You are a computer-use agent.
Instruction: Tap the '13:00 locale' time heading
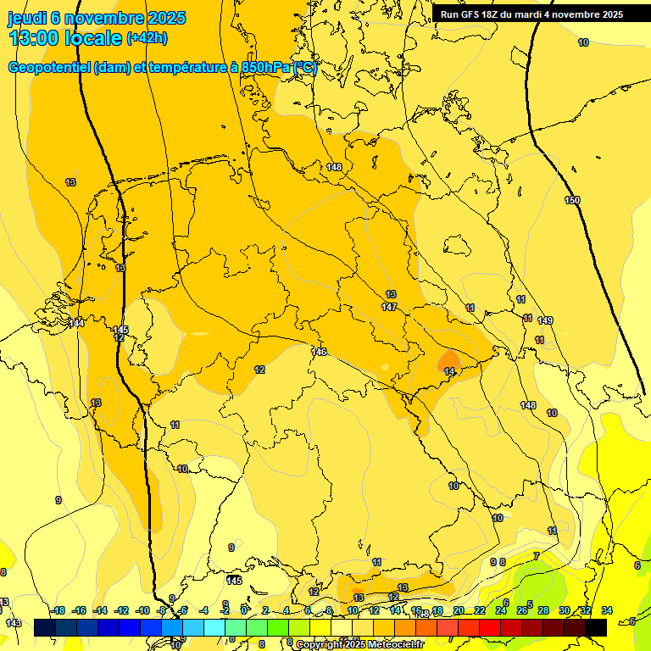tap(65, 37)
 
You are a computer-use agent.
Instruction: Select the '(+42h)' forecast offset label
tap(147, 38)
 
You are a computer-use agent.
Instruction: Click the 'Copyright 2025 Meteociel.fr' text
tap(359, 644)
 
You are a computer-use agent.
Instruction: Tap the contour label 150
tap(573, 200)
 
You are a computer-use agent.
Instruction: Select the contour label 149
tap(545, 320)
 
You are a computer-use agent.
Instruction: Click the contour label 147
tap(389, 307)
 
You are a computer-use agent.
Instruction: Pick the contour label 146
tap(319, 352)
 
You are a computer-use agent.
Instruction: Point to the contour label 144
tap(76, 323)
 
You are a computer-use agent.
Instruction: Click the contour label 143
tap(13, 623)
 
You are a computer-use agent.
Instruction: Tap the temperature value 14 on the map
tap(449, 371)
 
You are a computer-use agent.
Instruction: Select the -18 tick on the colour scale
tap(58, 610)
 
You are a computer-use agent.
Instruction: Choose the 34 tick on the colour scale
tap(607, 610)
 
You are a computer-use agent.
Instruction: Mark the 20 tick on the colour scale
tap(459, 610)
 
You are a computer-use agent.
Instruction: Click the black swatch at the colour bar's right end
tap(596, 627)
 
